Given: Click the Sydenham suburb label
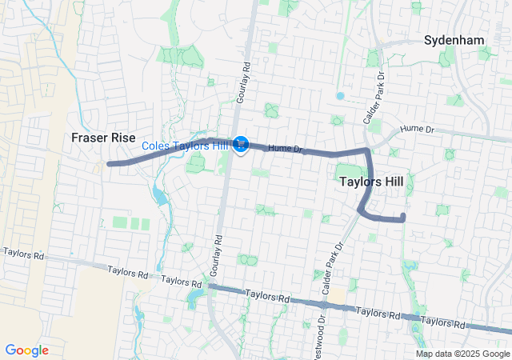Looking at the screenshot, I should click(x=454, y=40).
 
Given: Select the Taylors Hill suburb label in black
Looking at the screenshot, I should click(x=371, y=182).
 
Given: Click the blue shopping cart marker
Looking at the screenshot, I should click(x=239, y=145).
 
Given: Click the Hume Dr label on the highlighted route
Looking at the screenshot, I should click(x=283, y=148).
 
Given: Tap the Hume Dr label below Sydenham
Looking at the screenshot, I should click(x=417, y=128).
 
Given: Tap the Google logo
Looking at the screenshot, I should click(x=26, y=350).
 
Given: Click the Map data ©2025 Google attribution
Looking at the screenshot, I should click(x=462, y=354).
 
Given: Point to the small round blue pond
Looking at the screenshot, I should click(x=340, y=96).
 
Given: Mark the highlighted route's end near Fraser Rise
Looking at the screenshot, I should click(x=110, y=163).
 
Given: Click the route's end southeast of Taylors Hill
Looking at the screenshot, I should click(x=403, y=216).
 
